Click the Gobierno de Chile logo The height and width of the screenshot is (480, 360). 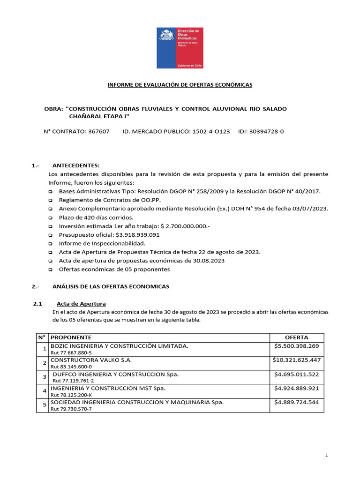[180, 48]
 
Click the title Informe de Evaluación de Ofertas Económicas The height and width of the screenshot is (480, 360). [180, 85]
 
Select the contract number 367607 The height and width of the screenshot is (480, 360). [99, 132]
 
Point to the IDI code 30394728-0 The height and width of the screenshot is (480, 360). [268, 132]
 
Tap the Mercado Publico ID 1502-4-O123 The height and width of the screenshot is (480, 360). [211, 132]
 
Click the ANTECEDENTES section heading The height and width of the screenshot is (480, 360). [76, 165]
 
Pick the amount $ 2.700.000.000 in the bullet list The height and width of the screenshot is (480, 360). [185, 226]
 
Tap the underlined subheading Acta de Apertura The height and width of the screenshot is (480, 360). [81, 304]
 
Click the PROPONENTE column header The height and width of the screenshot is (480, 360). [71, 337]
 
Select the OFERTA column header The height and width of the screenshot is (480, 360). [296, 337]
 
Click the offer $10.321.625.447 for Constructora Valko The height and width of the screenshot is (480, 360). [296, 360]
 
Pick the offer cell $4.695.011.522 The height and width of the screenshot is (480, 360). [296, 374]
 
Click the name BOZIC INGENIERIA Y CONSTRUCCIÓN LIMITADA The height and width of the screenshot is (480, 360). [119, 346]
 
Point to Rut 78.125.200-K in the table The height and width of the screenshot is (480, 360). [71, 395]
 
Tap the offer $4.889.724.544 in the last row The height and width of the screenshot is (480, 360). [296, 402]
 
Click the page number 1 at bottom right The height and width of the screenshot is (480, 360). [326, 455]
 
